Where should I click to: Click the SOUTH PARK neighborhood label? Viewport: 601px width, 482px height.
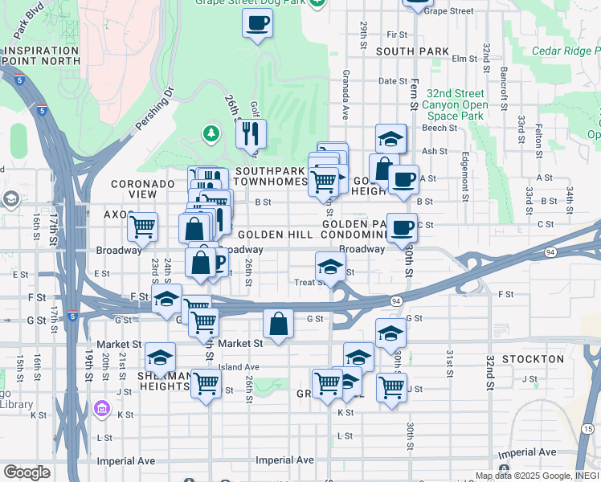411,51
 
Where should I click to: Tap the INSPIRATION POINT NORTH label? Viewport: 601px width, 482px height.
41,55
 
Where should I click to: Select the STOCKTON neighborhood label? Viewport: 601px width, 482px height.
533,358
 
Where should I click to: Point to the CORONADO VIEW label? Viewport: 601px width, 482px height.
142,189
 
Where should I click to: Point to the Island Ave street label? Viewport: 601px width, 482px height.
239,367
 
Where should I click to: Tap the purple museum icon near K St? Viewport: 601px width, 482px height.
101,410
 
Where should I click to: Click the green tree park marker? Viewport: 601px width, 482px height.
211,133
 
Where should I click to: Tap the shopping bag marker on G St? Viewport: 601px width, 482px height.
278,325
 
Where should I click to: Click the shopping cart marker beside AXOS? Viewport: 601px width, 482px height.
142,226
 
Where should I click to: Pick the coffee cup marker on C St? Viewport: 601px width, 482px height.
402,227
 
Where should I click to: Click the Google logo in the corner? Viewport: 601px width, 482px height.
27,472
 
